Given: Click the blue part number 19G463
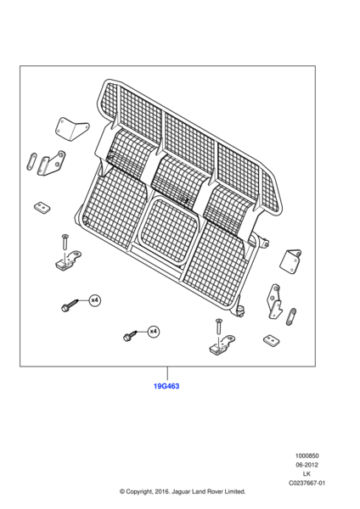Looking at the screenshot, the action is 166,386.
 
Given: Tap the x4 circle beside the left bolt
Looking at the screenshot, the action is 94,300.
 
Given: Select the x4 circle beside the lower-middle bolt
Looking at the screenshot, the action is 154,332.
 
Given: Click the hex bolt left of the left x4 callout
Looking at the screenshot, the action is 70,305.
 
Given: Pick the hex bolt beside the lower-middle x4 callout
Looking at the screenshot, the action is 131,336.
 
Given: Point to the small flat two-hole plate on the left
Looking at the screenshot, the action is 42,208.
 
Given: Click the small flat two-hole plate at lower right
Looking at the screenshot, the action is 272,340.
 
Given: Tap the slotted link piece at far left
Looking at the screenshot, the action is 31,162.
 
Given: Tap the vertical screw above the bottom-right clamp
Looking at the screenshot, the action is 218,327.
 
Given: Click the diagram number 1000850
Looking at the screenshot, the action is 307,456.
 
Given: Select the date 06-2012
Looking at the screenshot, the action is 307,465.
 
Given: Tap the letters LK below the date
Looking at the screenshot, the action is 307,474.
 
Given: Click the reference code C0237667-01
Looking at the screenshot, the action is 307,483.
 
